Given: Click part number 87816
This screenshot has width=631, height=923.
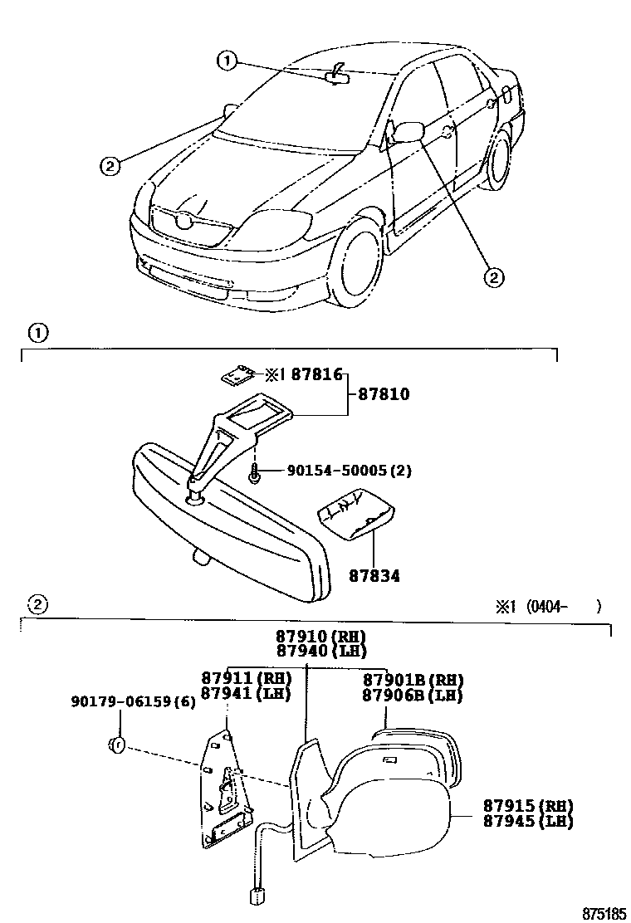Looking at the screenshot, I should coord(315,375).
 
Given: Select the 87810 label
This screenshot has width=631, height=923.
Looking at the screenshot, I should coord(384,394).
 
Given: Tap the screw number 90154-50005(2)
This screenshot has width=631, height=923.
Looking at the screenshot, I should coord(349,471).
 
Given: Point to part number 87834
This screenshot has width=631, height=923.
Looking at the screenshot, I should coord(374,574).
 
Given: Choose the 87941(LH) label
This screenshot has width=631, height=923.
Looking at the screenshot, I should coord(247,693).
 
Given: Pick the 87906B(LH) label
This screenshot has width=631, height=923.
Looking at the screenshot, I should coord(412,695).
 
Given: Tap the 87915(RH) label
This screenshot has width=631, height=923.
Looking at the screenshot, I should coord(529,806).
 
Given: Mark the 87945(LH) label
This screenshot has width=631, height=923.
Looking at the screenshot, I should coord(529,821).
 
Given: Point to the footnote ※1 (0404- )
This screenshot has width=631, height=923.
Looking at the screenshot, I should coord(548,606).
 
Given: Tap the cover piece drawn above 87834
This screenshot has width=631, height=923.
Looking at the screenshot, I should coord(356,515).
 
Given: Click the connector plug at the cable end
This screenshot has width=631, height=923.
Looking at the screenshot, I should coord(257,896).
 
